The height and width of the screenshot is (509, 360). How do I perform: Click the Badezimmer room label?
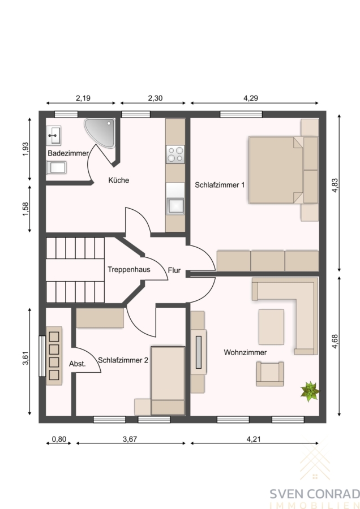pos(68,153)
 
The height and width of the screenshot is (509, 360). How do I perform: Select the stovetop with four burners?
pos(175,154)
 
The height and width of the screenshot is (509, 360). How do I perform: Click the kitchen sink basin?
pos(175,206)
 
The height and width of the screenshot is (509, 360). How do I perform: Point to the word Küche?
pos(119,180)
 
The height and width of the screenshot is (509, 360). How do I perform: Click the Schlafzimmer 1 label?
pos(220,185)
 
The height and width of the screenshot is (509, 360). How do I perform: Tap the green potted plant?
pos(310,391)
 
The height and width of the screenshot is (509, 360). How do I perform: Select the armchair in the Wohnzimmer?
pos(269,374)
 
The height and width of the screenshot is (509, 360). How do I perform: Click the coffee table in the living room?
pos(271,327)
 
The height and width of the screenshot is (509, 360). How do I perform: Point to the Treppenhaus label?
pos(129,269)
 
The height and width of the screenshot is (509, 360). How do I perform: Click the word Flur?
pos(174,270)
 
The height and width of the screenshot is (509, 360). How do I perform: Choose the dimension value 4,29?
pos(251,98)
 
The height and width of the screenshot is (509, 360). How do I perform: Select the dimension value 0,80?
pos(59,439)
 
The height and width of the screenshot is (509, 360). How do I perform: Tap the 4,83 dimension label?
pos(335,186)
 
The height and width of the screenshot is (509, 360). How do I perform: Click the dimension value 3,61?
pos(25,359)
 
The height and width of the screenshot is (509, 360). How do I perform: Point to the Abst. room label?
pos(78,364)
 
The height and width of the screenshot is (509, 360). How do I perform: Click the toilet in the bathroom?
pos(56,167)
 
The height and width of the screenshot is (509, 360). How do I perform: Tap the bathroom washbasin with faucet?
pos(54,135)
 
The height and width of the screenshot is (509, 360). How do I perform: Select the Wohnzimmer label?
pos(245,352)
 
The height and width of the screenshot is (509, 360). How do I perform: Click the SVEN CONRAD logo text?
pos(315,494)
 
